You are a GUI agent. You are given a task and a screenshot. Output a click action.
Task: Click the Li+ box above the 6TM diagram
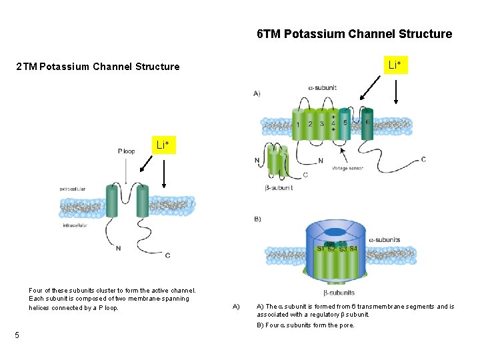coord(395,65)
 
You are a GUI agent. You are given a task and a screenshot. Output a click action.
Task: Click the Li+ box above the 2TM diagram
coord(163,145)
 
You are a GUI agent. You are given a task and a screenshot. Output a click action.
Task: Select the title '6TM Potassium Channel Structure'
coord(354,34)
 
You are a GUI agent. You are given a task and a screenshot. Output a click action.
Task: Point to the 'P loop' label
coord(126,151)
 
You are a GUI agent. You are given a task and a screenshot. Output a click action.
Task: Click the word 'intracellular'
coord(77,225)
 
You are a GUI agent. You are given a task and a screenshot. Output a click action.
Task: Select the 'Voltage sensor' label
coord(348,168)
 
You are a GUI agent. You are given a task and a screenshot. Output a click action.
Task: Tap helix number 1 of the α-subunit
coord(298,124)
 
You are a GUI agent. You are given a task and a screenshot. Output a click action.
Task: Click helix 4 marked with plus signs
coord(333,124)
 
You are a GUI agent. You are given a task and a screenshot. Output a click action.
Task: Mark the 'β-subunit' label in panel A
coord(279,188)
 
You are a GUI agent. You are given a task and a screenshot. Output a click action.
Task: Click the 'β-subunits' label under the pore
coord(339,293)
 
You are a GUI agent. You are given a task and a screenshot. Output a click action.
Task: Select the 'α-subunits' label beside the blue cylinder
coord(385,240)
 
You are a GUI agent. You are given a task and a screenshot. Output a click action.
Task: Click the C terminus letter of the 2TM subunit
coord(167,255)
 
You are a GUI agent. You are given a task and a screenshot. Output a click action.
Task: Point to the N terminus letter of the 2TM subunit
coord(118,249)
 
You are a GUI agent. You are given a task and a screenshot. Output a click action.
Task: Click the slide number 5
coord(17,335)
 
